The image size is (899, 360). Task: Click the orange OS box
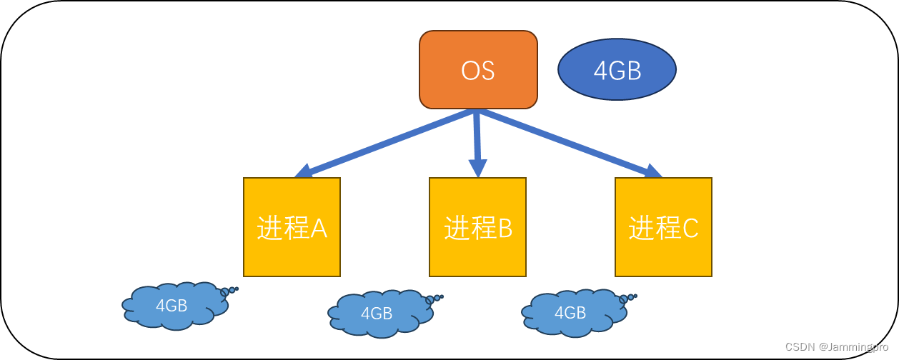(478, 70)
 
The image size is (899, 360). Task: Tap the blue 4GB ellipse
(617, 69)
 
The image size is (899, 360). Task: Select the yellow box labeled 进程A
(292, 227)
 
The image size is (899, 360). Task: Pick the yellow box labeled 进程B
(477, 227)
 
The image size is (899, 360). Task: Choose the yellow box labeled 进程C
(663, 227)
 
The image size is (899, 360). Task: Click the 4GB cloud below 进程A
(174, 306)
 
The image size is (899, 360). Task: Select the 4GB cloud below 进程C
(570, 312)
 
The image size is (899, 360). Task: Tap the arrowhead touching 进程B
(477, 168)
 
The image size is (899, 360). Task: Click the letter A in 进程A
(318, 229)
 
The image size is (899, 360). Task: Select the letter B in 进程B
(505, 229)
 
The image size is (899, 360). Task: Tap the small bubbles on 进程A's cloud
(229, 291)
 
